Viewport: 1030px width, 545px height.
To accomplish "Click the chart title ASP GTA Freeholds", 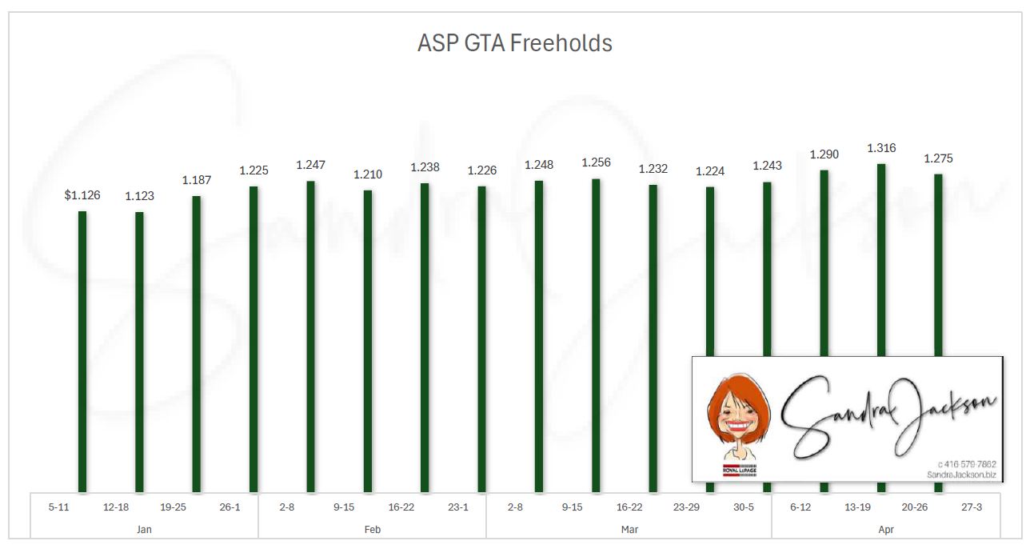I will pyautogui.click(x=514, y=42).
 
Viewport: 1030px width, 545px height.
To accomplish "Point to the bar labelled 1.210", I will pyautogui.click(x=368, y=340).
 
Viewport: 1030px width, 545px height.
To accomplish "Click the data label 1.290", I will pyautogui.click(x=824, y=154).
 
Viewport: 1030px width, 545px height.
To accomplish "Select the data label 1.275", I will pyautogui.click(x=938, y=158).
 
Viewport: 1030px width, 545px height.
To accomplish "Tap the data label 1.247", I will pyautogui.click(x=310, y=165).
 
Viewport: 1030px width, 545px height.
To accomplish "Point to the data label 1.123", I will pyautogui.click(x=139, y=195).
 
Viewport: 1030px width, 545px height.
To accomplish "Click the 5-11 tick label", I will pyautogui.click(x=59, y=507).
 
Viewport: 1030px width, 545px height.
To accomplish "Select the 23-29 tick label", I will pyautogui.click(x=686, y=507).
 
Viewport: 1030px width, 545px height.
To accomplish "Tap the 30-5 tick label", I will pyautogui.click(x=743, y=507).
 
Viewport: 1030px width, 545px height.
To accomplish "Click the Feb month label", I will pyautogui.click(x=373, y=530).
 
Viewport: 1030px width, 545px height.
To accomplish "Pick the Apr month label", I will pyautogui.click(x=886, y=530).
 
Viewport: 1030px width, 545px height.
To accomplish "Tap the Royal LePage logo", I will pyautogui.click(x=740, y=471).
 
